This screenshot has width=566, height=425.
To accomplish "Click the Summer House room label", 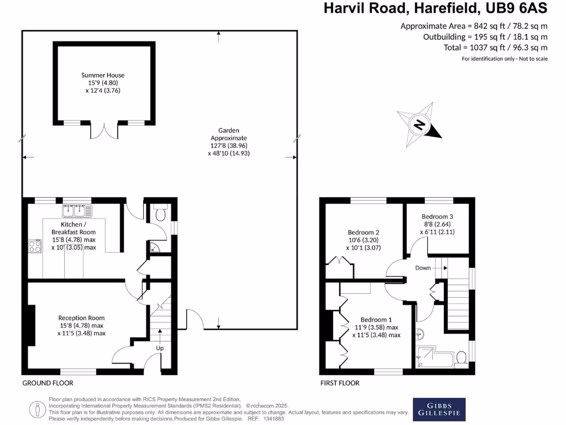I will coord(103,75).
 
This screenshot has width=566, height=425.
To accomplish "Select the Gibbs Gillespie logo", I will coord(439,409).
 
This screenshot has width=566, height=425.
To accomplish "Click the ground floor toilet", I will coord(161,214).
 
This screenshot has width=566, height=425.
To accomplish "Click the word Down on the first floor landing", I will coord(423,268).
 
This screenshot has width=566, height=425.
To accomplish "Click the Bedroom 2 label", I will coord(364,232).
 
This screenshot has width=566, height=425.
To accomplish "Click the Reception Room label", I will coord(81,318).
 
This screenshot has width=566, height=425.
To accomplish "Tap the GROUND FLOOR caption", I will coord(48,383).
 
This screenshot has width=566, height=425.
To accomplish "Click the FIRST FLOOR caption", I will coord(340,383).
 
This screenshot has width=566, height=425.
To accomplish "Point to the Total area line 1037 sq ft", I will coord(495,48).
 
